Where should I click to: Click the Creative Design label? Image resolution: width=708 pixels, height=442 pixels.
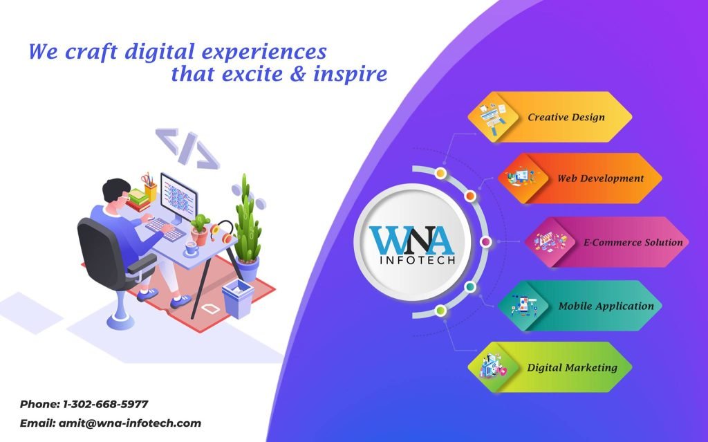(x=566, y=117)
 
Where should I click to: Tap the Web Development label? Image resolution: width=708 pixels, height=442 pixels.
(x=600, y=178)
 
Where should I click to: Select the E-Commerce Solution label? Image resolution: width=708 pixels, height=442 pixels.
(x=633, y=242)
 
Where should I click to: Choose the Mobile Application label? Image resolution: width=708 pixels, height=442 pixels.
(x=606, y=306)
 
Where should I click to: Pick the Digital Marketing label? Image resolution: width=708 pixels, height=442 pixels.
(x=572, y=367)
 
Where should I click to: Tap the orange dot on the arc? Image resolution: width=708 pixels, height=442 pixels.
(x=470, y=196)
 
